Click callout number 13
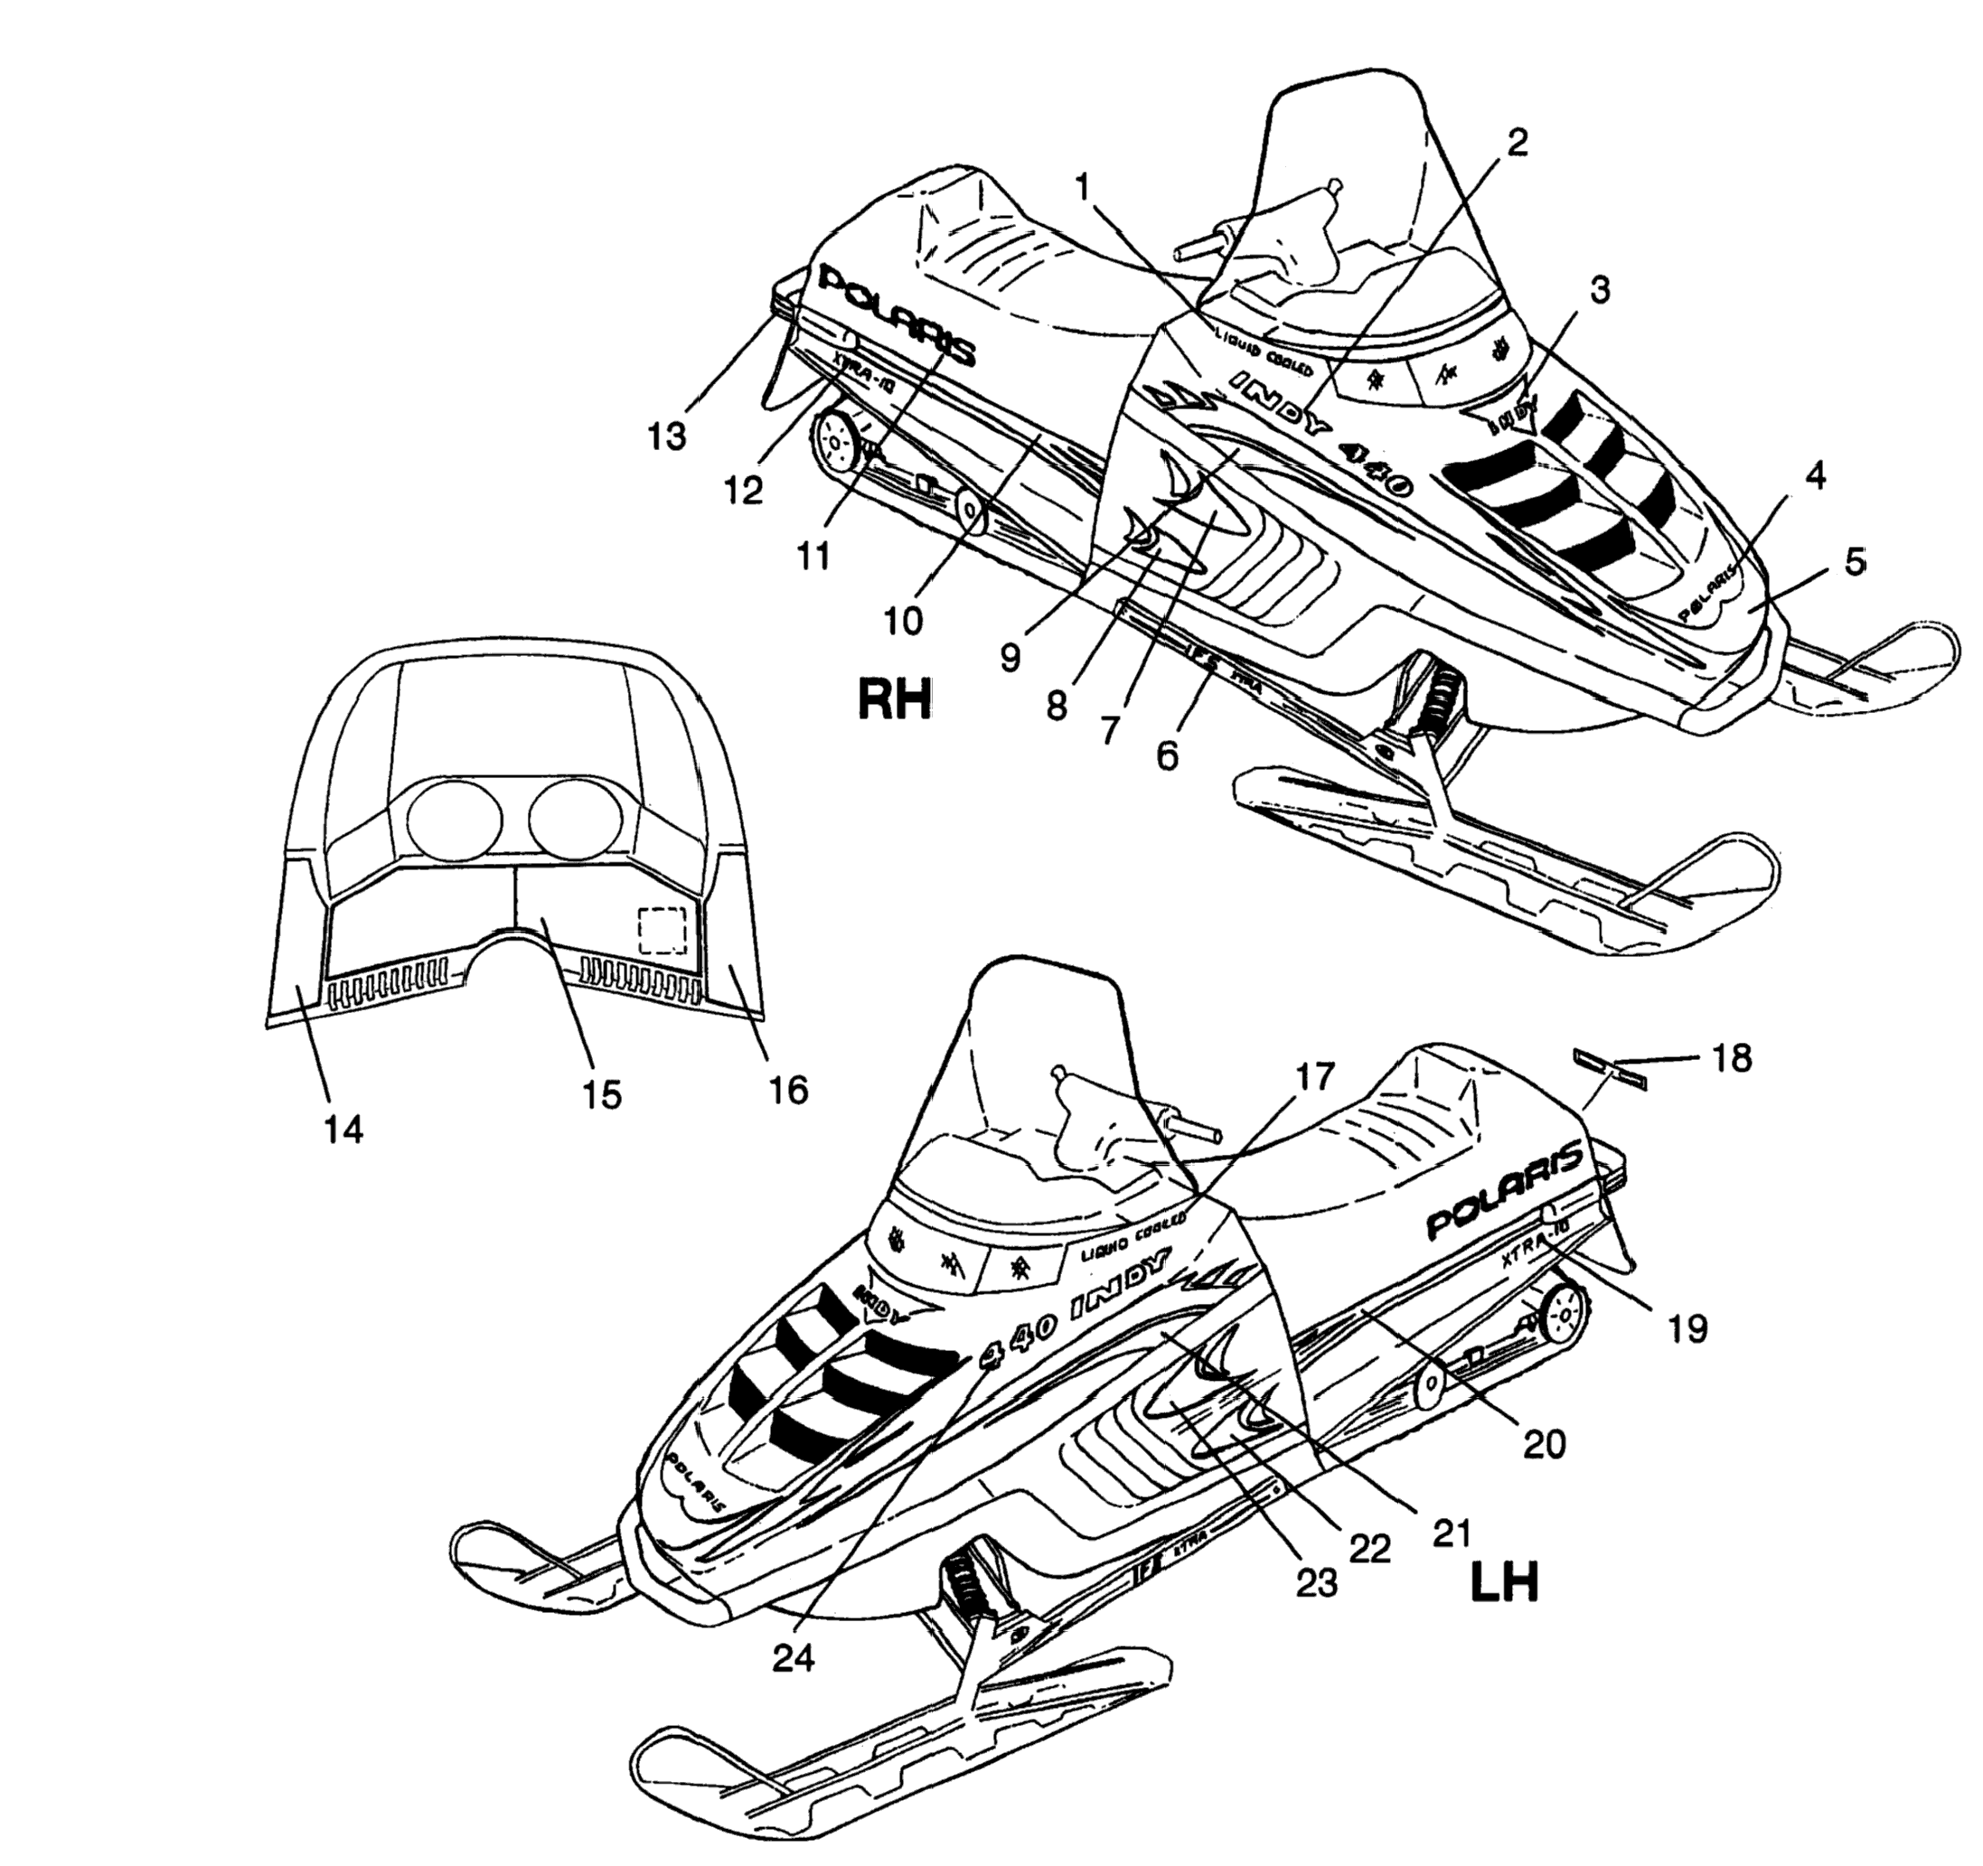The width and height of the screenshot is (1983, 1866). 666,436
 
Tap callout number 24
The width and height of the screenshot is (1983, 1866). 793,1656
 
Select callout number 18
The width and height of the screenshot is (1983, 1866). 1733,1058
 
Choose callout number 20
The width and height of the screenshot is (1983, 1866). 1544,1443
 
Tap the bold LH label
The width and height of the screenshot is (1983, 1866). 1504,1581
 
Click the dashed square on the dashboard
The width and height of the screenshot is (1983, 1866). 663,931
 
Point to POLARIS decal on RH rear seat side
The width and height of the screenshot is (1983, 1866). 896,315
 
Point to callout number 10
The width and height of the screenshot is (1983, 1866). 904,620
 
